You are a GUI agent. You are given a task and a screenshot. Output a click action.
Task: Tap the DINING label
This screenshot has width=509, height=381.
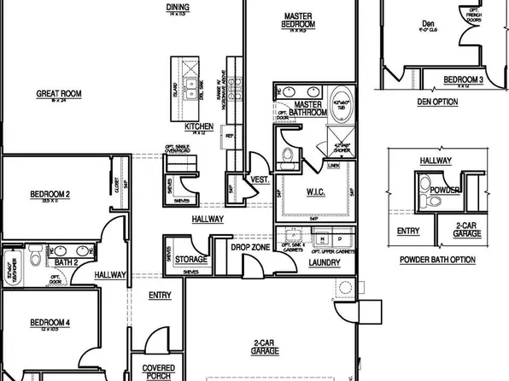(x=178, y=6)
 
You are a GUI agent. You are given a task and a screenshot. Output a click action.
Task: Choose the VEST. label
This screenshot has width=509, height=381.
(x=260, y=180)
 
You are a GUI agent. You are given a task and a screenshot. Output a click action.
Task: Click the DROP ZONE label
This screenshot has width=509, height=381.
(x=251, y=247)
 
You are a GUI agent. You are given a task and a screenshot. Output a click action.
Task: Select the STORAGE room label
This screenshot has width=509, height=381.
(x=191, y=260)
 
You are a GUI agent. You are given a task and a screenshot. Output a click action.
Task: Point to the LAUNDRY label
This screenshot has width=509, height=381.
(x=324, y=262)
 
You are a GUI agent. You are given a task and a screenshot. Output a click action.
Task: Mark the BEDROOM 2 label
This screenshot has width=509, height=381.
(x=49, y=195)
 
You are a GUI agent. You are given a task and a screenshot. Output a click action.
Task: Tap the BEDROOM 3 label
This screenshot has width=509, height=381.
(x=464, y=80)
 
